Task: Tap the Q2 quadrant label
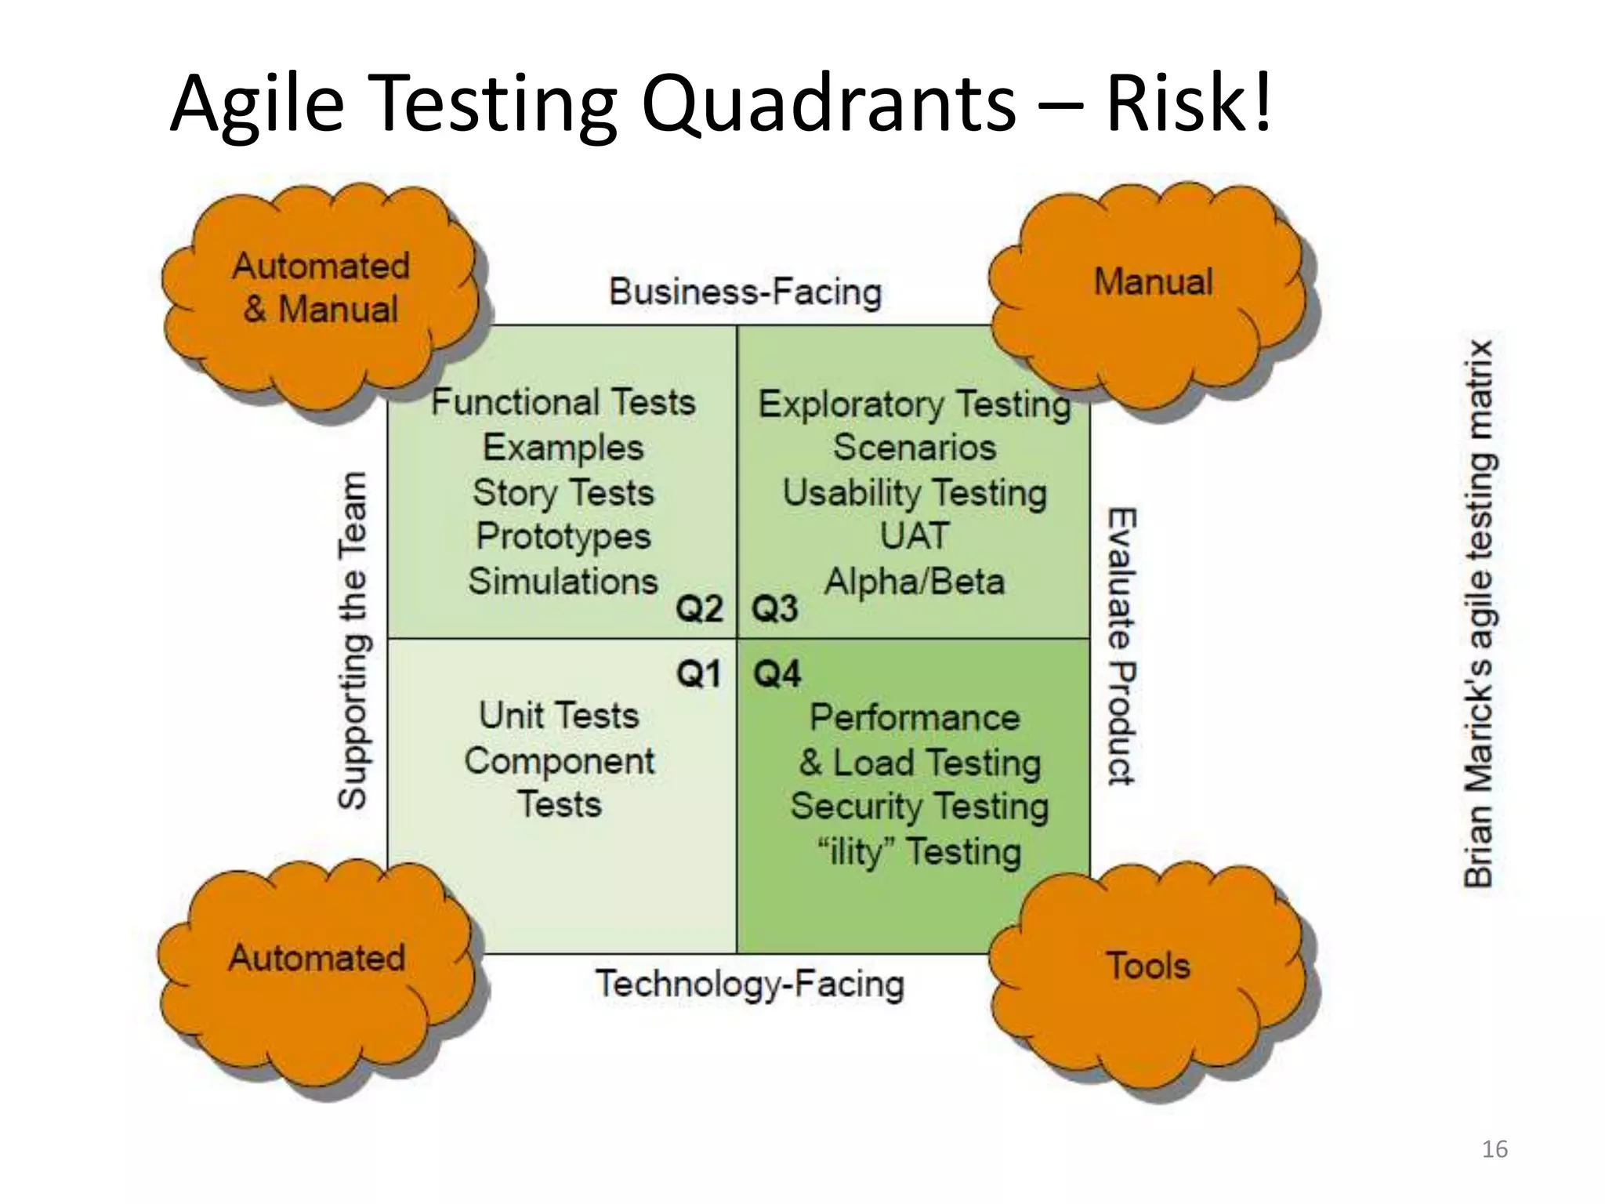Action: [x=699, y=608]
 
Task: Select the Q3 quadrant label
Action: [x=775, y=608]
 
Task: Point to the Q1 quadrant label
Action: [x=699, y=674]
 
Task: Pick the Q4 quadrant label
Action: [x=777, y=674]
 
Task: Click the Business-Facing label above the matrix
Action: [x=745, y=292]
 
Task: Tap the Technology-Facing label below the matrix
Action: [x=750, y=985]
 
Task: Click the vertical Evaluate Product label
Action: [x=1121, y=646]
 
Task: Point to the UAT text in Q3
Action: [x=914, y=537]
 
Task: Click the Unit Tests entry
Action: [x=559, y=716]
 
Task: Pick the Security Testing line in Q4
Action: [x=919, y=807]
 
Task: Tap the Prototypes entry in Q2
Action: [x=563, y=537]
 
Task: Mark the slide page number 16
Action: [x=1494, y=1149]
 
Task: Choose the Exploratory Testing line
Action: [x=915, y=404]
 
